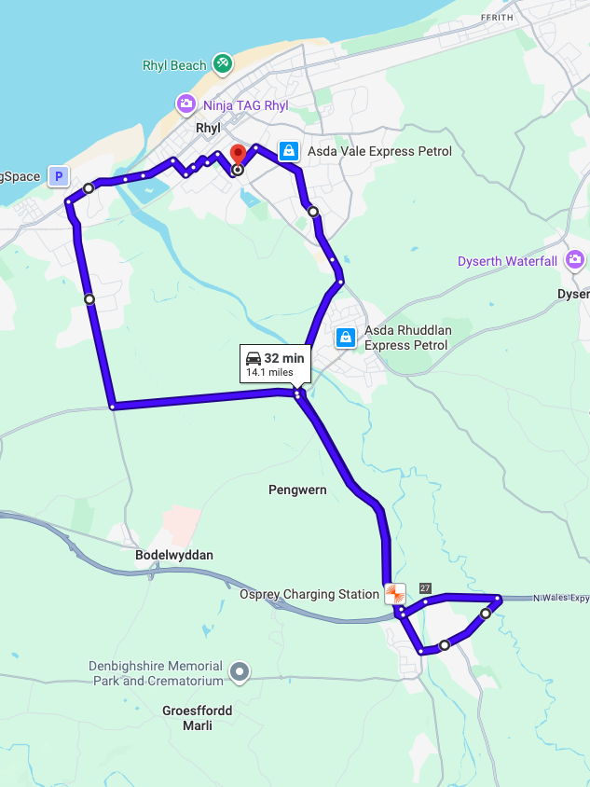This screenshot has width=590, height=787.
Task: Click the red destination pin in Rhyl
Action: click(x=237, y=155)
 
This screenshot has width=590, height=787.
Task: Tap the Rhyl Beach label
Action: click(x=174, y=65)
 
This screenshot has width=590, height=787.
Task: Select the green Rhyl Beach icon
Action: click(x=222, y=64)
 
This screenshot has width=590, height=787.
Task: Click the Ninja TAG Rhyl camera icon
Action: click(x=186, y=104)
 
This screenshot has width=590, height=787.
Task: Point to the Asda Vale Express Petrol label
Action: click(x=379, y=151)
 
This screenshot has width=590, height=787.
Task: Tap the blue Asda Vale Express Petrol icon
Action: click(x=289, y=150)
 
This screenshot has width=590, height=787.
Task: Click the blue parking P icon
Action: click(x=59, y=175)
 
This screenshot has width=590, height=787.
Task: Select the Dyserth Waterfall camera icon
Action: click(x=575, y=260)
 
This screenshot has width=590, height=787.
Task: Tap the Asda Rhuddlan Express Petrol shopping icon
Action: click(x=346, y=337)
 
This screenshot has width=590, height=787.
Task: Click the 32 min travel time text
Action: click(x=284, y=358)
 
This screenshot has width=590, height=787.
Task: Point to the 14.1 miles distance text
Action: click(x=269, y=372)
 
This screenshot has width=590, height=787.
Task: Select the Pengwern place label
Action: click(x=297, y=490)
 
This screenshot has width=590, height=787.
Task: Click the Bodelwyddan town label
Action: click(x=174, y=555)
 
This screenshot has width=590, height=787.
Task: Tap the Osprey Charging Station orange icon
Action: click(x=395, y=593)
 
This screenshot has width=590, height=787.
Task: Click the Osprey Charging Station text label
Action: click(x=309, y=594)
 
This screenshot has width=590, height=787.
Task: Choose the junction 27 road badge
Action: click(x=425, y=587)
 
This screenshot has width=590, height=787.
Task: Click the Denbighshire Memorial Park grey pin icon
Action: click(x=240, y=670)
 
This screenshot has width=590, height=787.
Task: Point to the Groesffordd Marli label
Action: click(x=198, y=718)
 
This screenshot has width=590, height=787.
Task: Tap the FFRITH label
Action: click(x=497, y=18)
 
